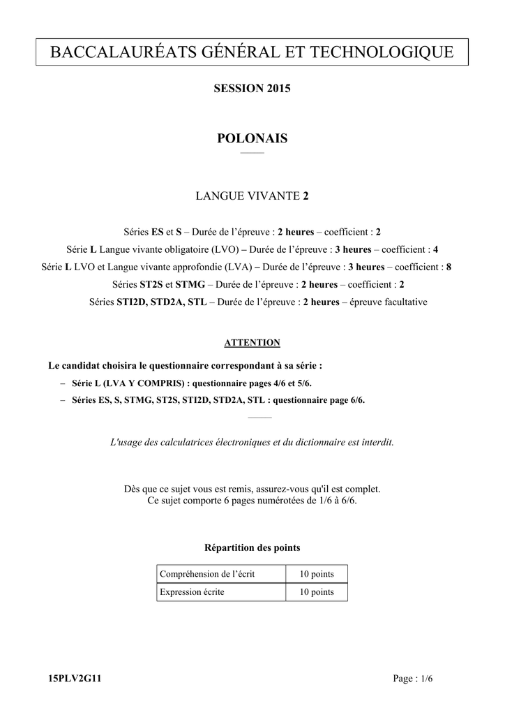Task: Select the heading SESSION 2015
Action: click(x=252, y=89)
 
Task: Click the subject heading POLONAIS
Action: click(x=252, y=138)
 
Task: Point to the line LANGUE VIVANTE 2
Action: click(x=252, y=196)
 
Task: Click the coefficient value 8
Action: click(x=449, y=267)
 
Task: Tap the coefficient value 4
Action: click(x=435, y=249)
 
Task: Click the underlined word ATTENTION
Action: click(x=252, y=342)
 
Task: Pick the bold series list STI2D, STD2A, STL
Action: click(x=162, y=302)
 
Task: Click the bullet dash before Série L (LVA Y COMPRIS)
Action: click(x=63, y=383)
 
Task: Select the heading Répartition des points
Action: click(x=252, y=547)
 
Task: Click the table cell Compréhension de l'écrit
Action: click(x=207, y=574)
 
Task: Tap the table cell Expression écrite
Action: click(x=193, y=592)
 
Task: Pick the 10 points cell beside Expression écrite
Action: click(x=317, y=592)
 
